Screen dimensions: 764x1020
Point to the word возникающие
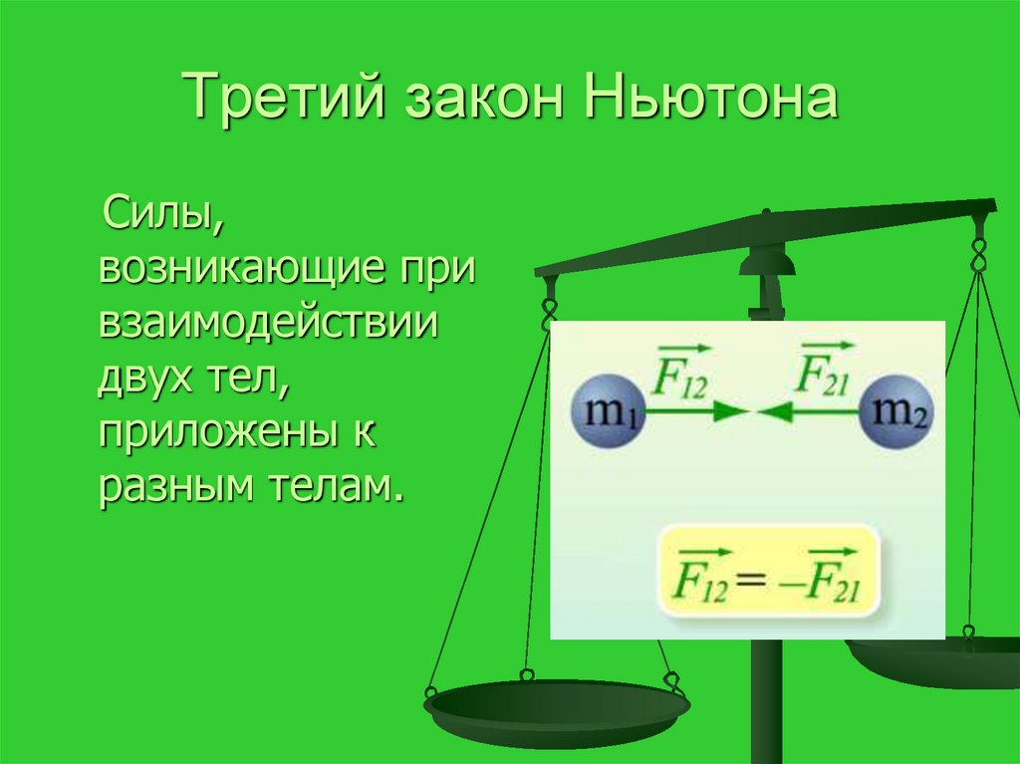coord(238,269)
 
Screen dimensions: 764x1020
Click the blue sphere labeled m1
coord(609,411)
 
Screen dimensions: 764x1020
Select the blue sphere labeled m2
coord(896,411)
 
